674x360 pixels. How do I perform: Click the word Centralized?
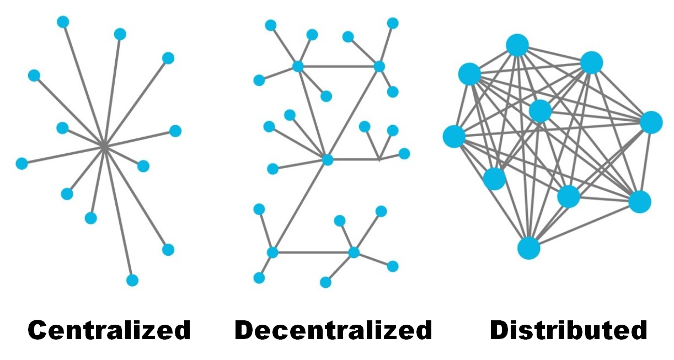tap(109, 330)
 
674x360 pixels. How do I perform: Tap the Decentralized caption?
tap(333, 330)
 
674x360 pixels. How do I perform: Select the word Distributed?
tap(568, 330)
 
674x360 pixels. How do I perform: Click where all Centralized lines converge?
tap(104, 146)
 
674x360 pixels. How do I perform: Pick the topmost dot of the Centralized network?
tap(63, 22)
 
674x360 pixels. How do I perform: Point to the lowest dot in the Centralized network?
tap(132, 280)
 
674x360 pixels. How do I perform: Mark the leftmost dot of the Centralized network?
tap(22, 163)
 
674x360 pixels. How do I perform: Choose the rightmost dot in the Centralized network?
tap(175, 131)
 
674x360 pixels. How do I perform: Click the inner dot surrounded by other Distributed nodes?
tap(540, 111)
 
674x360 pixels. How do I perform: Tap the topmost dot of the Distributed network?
tap(517, 45)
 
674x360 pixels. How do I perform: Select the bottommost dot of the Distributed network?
tap(528, 248)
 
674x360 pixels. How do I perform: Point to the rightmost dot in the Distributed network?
tap(651, 122)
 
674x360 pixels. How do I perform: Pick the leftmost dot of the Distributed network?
tap(454, 136)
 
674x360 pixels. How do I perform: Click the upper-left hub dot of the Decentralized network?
tap(298, 67)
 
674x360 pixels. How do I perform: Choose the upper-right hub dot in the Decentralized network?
tap(379, 66)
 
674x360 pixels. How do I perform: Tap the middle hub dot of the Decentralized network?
tap(328, 160)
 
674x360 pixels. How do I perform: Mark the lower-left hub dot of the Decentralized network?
tap(272, 252)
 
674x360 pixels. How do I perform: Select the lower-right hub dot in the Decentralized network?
tap(354, 252)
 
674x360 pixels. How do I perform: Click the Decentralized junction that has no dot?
tap(379, 159)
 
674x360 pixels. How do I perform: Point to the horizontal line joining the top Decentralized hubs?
tap(338, 67)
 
